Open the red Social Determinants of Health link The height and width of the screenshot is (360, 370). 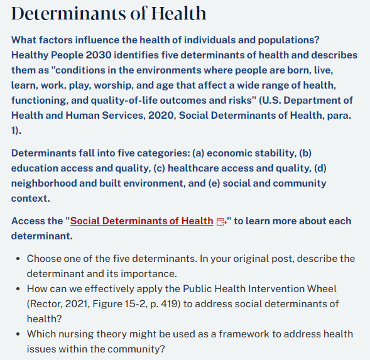pos(141,221)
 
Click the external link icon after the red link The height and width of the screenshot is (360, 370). pos(220,221)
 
